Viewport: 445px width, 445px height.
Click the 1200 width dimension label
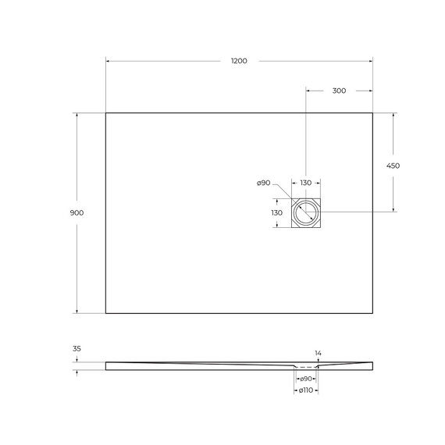[239, 61]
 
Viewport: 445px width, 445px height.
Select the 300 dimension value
[339, 91]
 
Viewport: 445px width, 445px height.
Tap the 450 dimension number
[393, 166]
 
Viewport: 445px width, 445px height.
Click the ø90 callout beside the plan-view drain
[263, 183]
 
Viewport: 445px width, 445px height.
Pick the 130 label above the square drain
[306, 183]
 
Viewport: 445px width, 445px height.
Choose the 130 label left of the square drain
[276, 212]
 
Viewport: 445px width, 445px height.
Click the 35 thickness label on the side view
[77, 349]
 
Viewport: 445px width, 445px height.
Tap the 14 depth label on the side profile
[318, 353]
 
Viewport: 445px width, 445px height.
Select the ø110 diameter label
[306, 390]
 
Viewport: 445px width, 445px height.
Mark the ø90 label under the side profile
[306, 379]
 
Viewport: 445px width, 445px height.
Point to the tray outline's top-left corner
[105, 113]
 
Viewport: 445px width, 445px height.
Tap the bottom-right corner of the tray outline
[372, 313]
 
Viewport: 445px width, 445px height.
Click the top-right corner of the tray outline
[372, 113]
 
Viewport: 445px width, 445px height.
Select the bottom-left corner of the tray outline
[105, 313]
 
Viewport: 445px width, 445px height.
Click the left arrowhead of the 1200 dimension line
[108, 61]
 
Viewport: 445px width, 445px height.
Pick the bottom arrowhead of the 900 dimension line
[77, 311]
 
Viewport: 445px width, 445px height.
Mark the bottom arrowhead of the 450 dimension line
[393, 210]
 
